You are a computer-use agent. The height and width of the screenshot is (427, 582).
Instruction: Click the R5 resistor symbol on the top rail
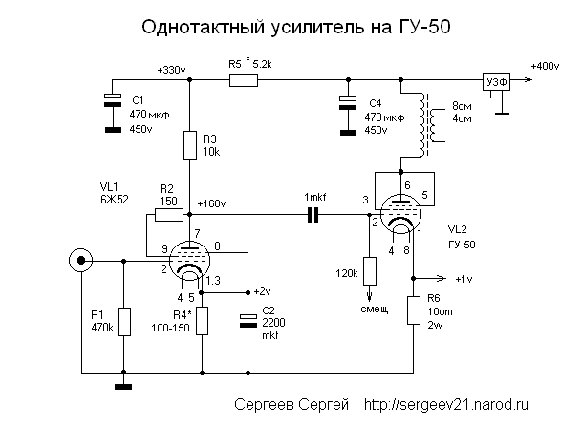(243, 82)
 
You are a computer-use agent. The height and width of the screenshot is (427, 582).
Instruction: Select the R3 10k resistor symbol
(189, 145)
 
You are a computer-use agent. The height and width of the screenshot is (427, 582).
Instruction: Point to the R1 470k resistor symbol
(123, 321)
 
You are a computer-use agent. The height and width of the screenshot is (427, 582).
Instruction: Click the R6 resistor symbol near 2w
(414, 310)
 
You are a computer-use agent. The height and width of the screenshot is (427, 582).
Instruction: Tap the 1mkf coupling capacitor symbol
(313, 217)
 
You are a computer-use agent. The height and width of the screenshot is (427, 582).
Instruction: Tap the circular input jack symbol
(78, 259)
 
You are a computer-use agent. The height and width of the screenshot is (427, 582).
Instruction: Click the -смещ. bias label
(372, 310)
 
